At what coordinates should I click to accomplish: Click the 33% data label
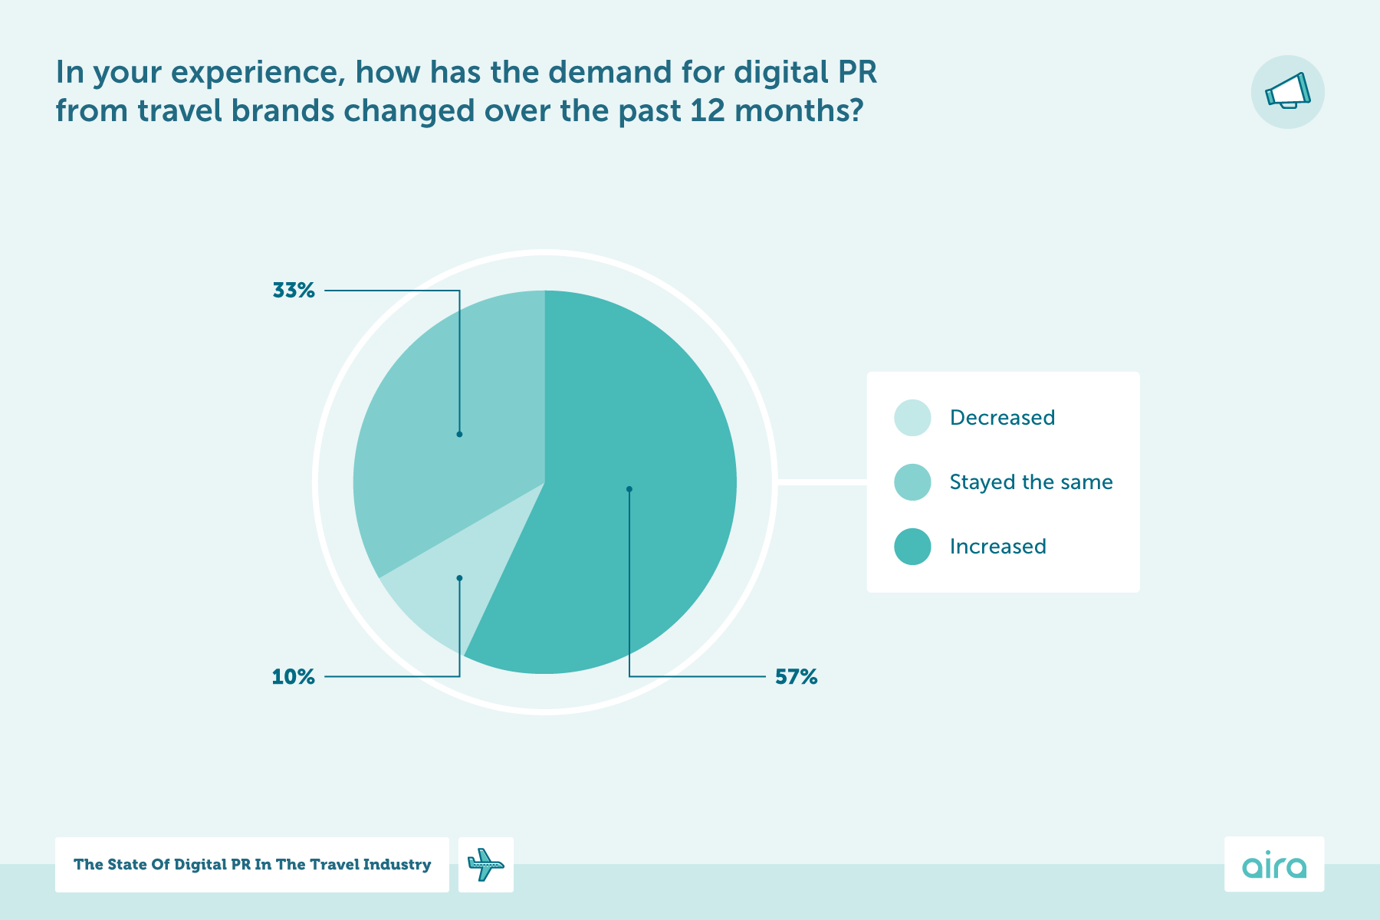(x=294, y=291)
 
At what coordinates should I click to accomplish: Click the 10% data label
(x=294, y=677)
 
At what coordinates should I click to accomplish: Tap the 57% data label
(x=796, y=677)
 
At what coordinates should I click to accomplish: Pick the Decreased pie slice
(x=437, y=590)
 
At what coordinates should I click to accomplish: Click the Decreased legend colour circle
(x=912, y=418)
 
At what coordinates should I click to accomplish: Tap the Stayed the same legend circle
(x=912, y=482)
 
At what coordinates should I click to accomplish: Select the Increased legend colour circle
(x=912, y=547)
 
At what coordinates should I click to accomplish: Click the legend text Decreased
(x=1002, y=418)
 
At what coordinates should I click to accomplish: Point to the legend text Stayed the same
(x=1030, y=482)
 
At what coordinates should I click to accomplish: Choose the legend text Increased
(x=997, y=547)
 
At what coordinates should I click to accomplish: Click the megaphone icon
(x=1287, y=92)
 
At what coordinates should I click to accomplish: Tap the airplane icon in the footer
(x=485, y=865)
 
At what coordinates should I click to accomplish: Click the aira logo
(x=1273, y=865)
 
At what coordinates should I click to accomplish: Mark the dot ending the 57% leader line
(x=629, y=489)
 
